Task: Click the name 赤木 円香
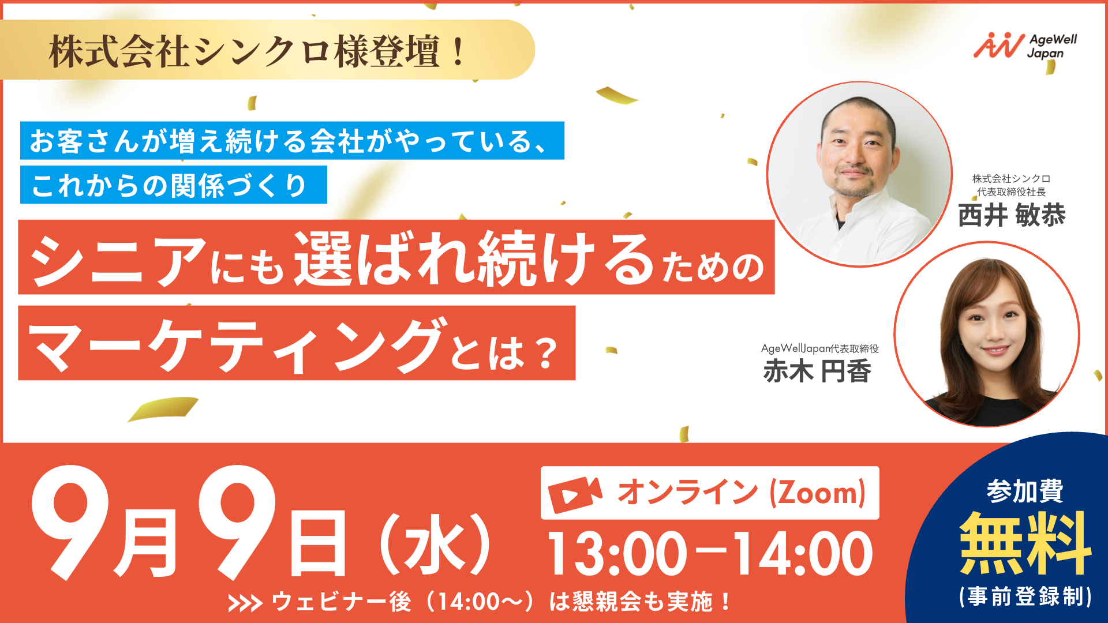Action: [x=817, y=371]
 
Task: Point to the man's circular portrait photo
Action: [x=859, y=174]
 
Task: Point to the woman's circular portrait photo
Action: [x=987, y=335]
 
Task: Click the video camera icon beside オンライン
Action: [x=575, y=494]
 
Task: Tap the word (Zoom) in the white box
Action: [x=818, y=493]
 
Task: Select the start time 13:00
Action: [x=617, y=554]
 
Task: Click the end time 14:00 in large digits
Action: [x=803, y=554]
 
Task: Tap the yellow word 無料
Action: [x=1025, y=543]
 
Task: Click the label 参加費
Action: [x=1025, y=491]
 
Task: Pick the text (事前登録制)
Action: [x=1025, y=596]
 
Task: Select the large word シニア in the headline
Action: [x=118, y=261]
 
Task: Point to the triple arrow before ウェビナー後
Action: [x=245, y=603]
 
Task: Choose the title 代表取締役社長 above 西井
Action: [x=1011, y=192]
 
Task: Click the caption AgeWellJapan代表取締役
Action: [x=819, y=348]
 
